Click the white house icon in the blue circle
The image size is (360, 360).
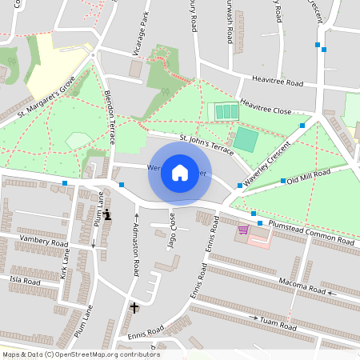pyautogui.click(x=180, y=173)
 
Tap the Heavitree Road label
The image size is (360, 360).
pyautogui.click(x=278, y=82)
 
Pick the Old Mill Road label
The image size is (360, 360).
pyautogui.click(x=308, y=176)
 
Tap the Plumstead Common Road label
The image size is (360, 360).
pyautogui.click(x=311, y=233)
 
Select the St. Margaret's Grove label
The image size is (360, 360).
pyautogui.click(x=46, y=100)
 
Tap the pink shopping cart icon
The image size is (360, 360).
pyautogui.click(x=242, y=230)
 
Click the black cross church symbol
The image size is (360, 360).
pyautogui.click(x=134, y=307)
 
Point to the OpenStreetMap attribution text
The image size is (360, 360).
pyautogui.click(x=80, y=354)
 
